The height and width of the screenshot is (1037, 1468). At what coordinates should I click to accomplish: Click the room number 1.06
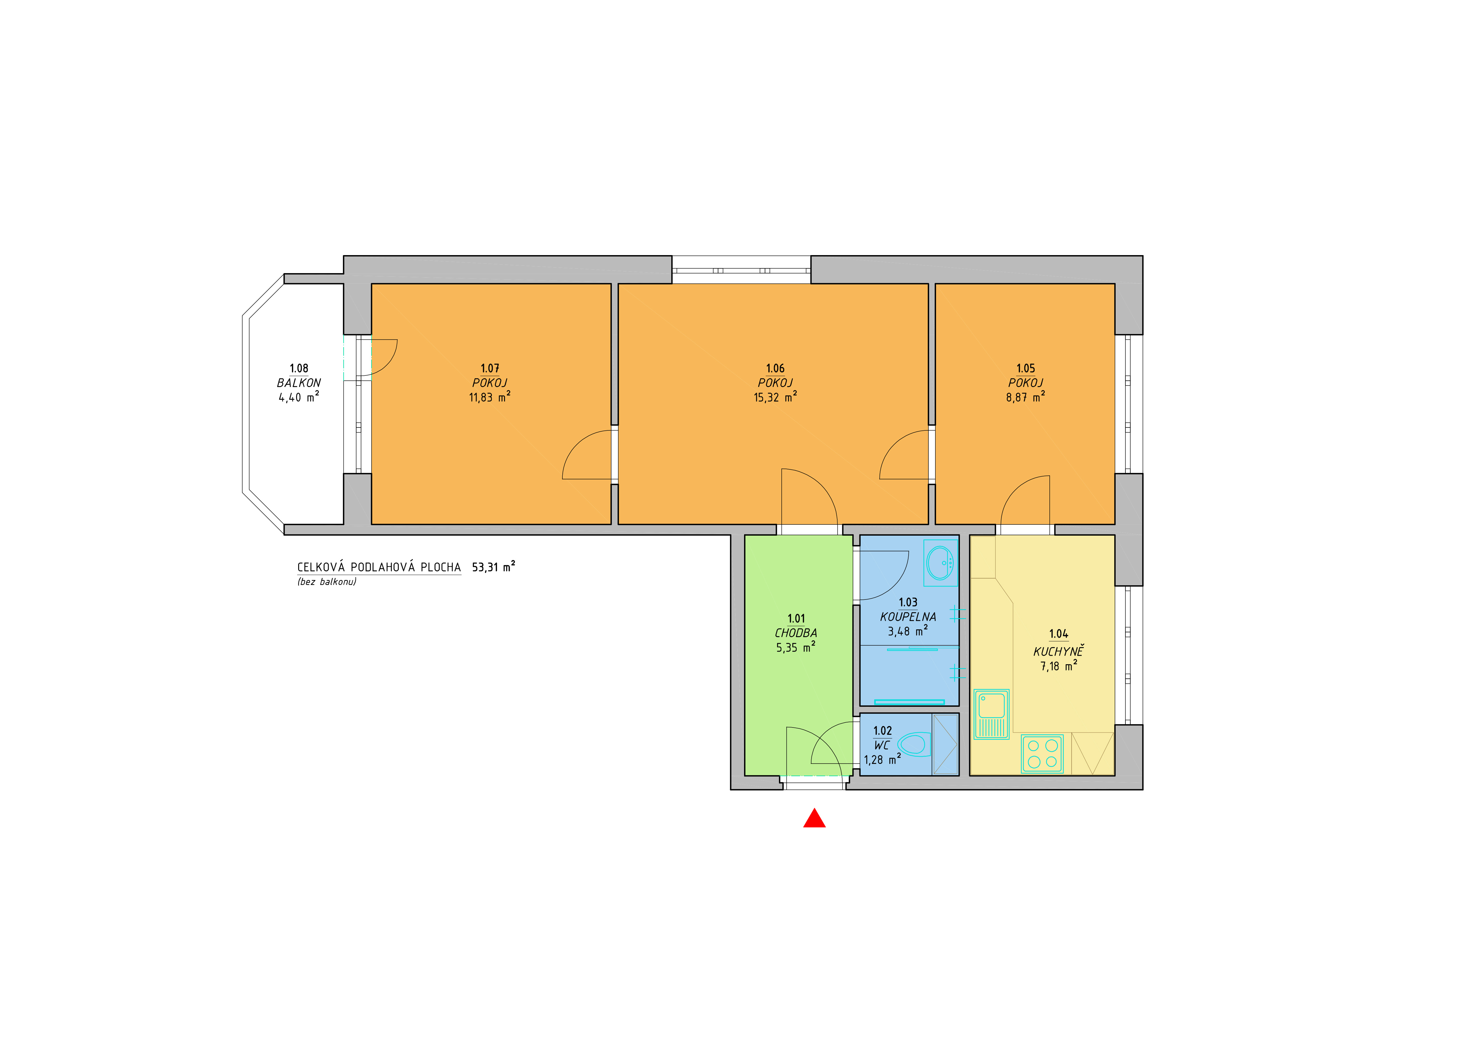point(775,369)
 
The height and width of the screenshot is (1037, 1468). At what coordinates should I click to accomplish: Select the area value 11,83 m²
point(490,397)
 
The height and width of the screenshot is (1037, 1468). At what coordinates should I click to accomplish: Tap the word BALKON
point(299,383)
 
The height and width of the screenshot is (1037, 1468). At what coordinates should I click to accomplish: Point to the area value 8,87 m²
point(1025,397)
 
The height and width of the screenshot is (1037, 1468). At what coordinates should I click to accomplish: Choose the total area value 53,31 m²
point(493,567)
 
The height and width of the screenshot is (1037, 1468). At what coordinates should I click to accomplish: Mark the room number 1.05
point(1025,369)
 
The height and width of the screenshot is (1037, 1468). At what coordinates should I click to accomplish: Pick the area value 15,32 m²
point(775,397)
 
